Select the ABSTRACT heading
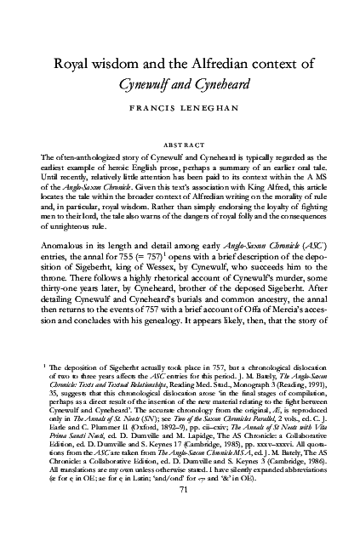pos(179,143)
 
